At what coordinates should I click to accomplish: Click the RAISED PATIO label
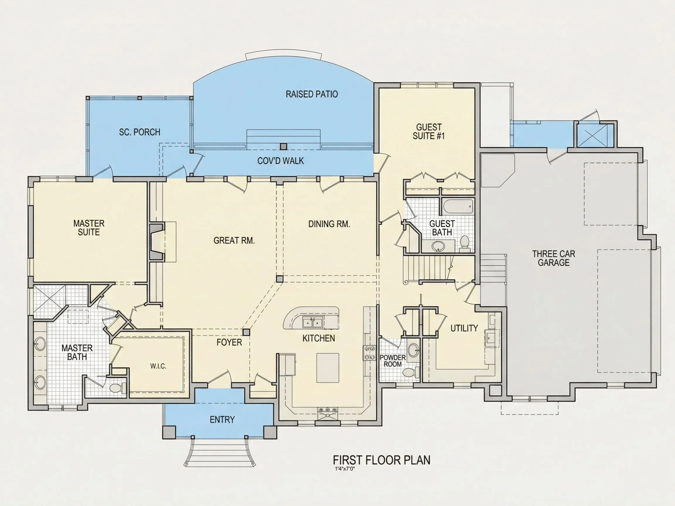(x=311, y=94)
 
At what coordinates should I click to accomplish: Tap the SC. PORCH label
(x=139, y=132)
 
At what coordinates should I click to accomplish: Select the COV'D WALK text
(x=280, y=161)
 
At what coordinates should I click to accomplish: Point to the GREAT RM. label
(x=234, y=241)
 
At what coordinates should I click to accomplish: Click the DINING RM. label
(x=329, y=224)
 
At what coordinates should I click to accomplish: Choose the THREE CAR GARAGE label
(x=553, y=258)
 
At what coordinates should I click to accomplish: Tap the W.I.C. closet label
(x=158, y=366)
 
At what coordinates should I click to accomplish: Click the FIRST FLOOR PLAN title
(x=381, y=460)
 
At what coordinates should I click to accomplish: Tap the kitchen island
(x=328, y=368)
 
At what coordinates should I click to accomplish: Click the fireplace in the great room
(x=157, y=242)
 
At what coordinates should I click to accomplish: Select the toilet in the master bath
(x=117, y=388)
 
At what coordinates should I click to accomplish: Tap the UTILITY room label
(x=464, y=328)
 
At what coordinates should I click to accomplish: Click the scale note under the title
(x=345, y=469)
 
